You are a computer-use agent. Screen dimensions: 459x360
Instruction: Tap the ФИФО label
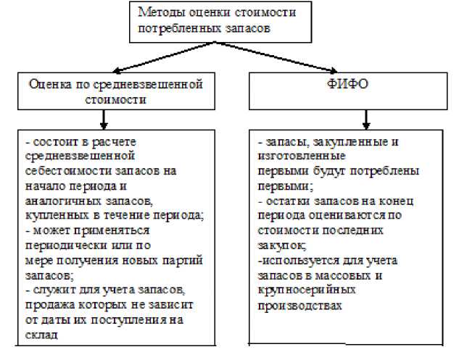348,84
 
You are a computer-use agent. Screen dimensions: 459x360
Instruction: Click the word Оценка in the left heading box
50,85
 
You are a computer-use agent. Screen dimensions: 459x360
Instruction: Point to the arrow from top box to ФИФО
276,56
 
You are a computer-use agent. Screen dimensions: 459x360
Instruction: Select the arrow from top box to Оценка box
164,56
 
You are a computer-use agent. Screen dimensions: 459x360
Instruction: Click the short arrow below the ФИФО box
366,120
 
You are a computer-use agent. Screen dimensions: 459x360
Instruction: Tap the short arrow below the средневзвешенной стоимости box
104,120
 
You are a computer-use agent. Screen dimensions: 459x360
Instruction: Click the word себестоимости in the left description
69,171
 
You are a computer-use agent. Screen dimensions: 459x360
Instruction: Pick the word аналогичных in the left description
64,201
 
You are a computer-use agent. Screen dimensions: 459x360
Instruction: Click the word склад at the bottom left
41,335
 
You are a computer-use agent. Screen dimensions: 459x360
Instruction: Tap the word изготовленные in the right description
302,156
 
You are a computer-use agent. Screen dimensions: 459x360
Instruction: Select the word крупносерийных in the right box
307,290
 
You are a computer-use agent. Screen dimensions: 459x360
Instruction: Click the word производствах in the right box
299,306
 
